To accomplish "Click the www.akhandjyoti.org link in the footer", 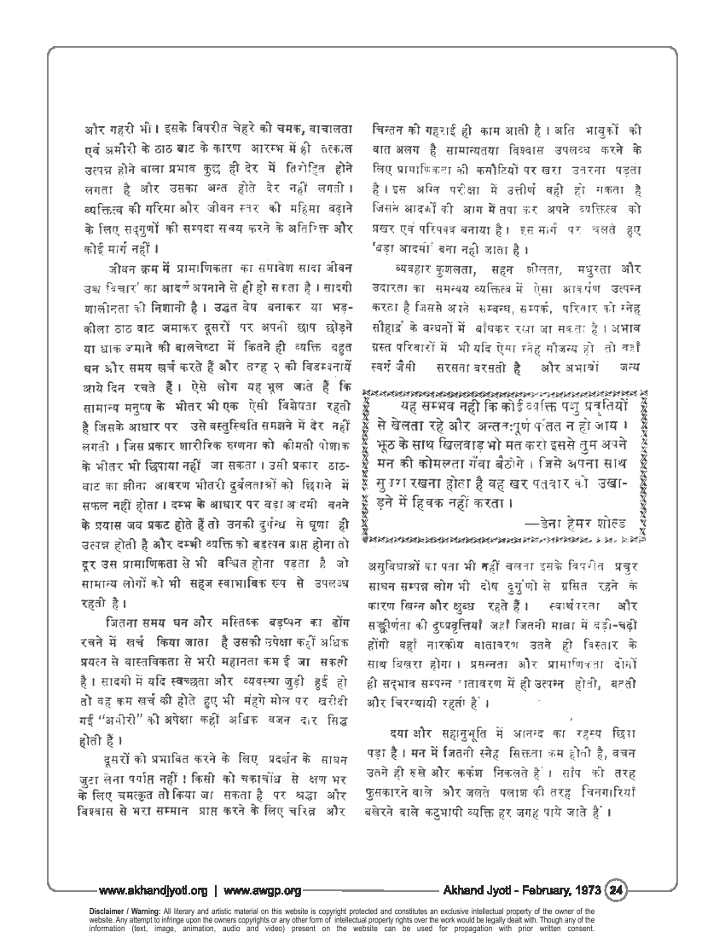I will tap(154, 891).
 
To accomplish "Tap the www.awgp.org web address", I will tap(263, 891).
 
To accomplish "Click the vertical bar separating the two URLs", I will tap(216, 891).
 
